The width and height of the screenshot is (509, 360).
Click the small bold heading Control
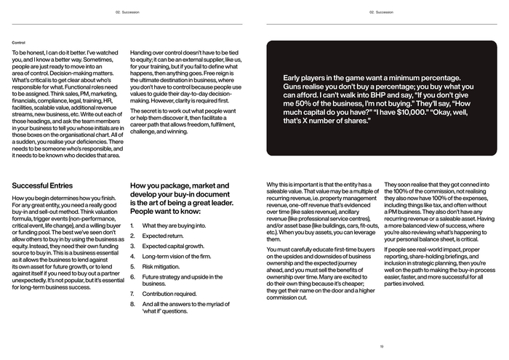(18, 42)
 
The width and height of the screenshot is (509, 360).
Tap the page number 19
(381, 347)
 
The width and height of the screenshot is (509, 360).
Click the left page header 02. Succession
(127, 12)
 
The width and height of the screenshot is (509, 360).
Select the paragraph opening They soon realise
(409, 185)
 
